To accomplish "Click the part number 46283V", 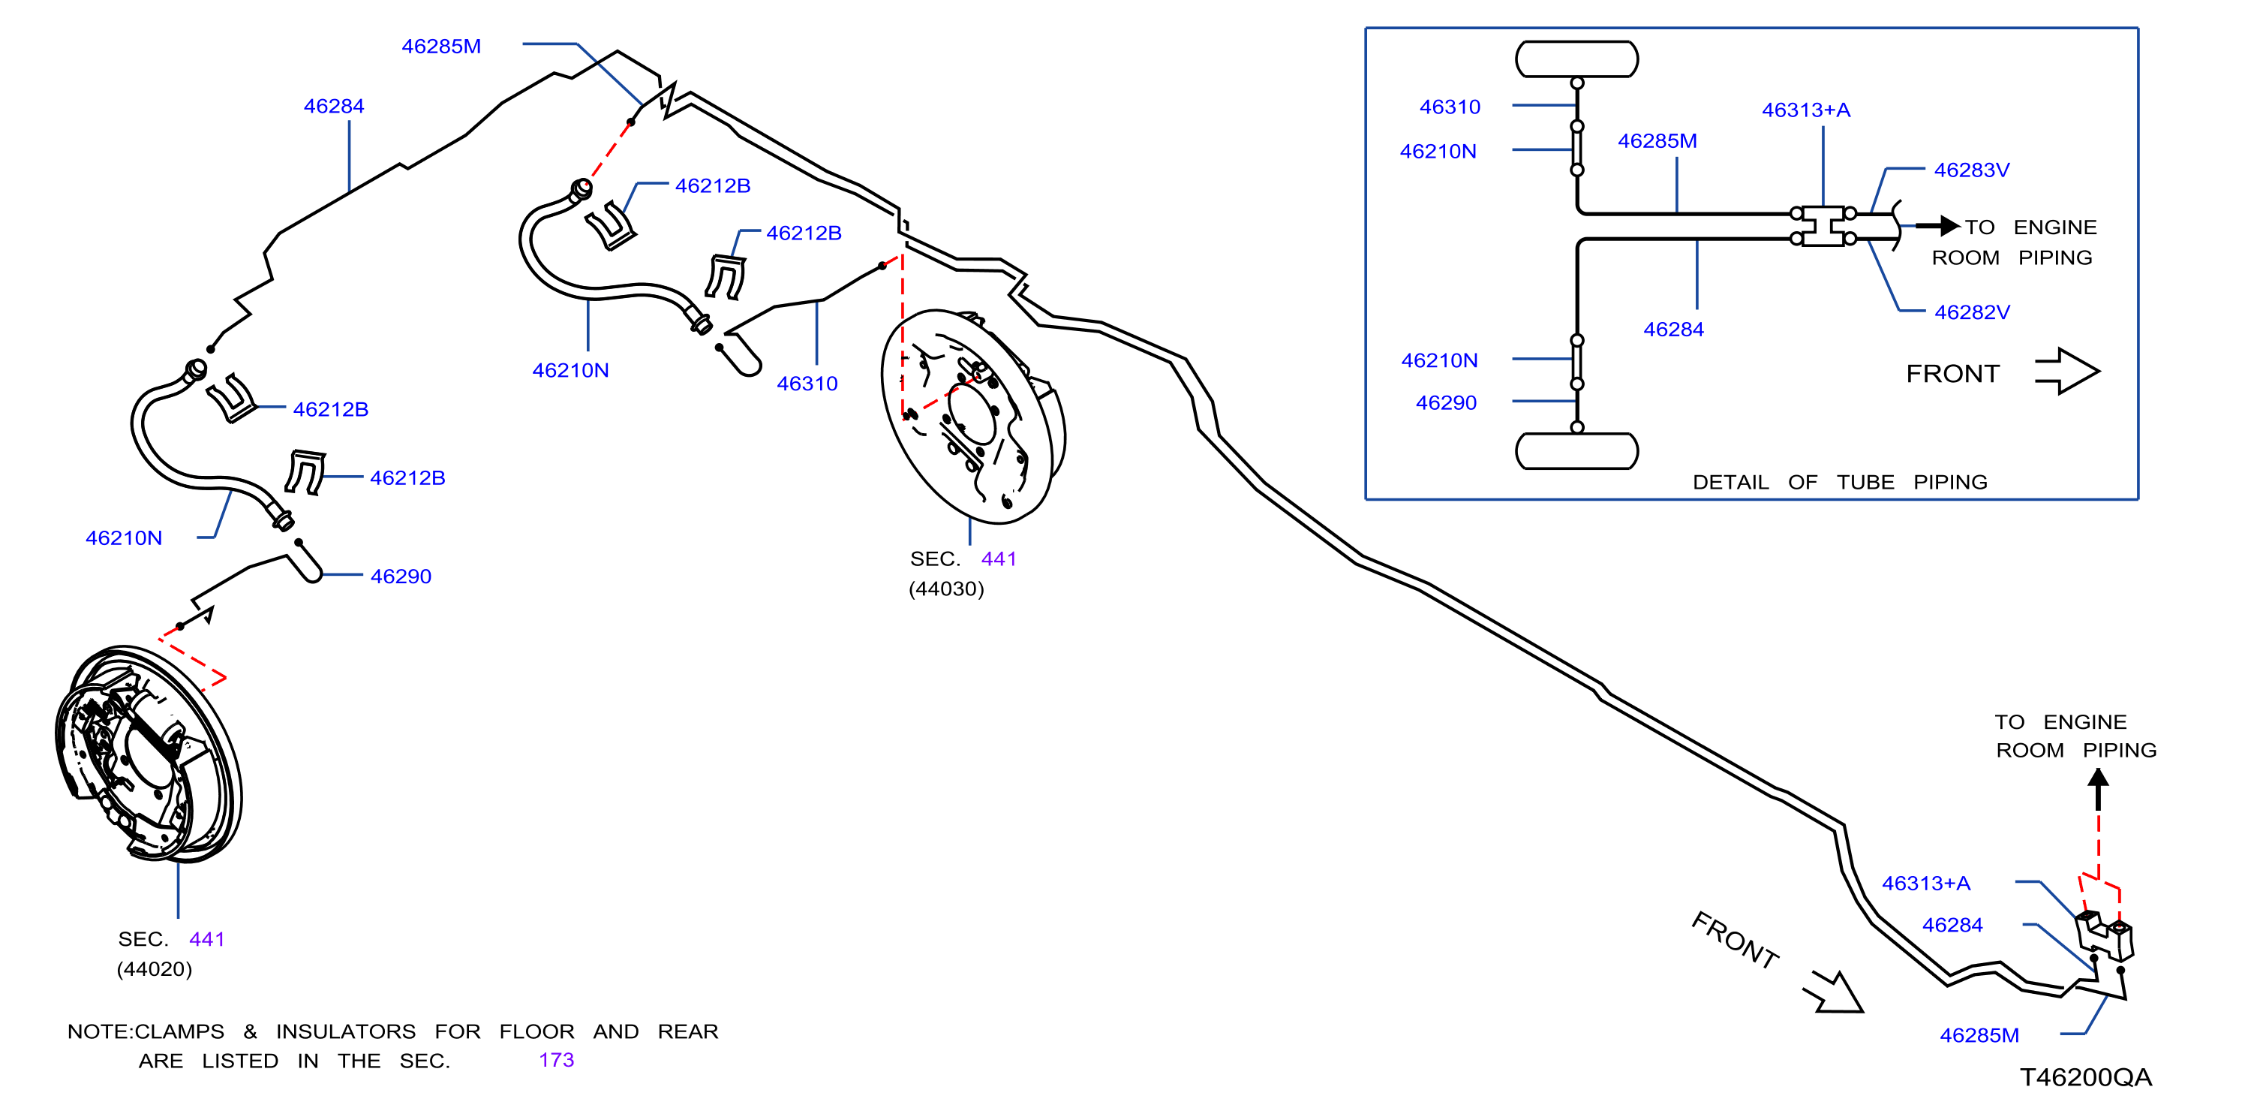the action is (1971, 170).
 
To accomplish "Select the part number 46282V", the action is (1972, 312).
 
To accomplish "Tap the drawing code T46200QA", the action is (2085, 1077).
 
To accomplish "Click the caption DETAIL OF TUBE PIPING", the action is (1840, 482).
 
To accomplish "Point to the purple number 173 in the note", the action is (556, 1060).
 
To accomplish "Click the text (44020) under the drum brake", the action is (155, 969).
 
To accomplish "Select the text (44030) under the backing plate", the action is (946, 589).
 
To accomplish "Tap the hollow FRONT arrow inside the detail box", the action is (2067, 372).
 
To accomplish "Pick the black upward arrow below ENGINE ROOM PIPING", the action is (2099, 790).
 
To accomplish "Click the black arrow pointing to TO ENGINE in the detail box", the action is (1937, 226).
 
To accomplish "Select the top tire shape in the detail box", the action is (1576, 59).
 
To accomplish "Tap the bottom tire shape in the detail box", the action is (1576, 451).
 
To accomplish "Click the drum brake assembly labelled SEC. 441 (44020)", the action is (148, 754).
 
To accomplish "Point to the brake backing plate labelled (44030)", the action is (973, 417).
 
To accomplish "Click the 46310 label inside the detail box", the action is (1450, 107).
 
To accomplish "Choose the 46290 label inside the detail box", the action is (1447, 402).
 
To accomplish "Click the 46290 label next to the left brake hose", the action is (401, 577).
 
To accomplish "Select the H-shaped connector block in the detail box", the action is (1823, 226).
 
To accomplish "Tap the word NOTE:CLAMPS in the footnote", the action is (146, 1032).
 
